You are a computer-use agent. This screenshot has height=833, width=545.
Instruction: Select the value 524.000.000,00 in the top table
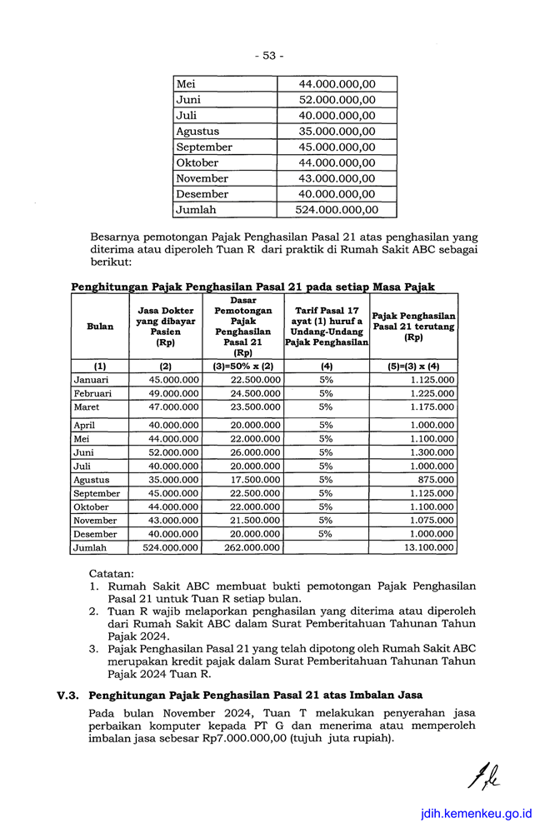pos(337,210)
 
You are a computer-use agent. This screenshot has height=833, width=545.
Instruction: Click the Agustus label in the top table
pos(197,132)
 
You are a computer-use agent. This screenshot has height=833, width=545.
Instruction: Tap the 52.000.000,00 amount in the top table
pos(337,100)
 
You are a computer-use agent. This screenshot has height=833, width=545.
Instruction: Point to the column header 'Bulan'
pos(100,327)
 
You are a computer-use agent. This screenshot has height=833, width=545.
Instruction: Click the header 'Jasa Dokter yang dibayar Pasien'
pos(166,327)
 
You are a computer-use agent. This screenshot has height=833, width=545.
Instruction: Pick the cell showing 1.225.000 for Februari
pos(432,394)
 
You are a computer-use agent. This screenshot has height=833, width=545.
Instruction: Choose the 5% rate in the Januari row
pos(326,380)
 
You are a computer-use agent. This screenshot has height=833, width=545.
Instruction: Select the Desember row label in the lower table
pos(95,534)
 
